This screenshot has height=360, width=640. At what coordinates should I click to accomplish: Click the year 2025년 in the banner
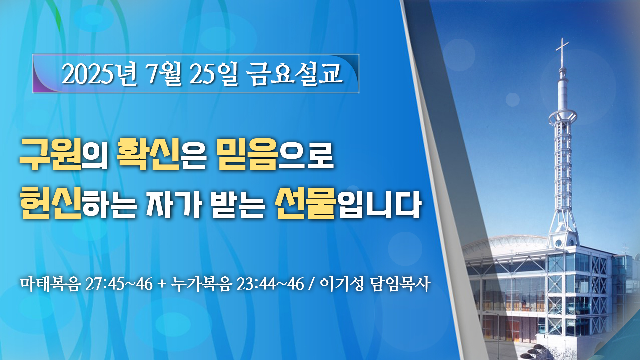(x=99, y=74)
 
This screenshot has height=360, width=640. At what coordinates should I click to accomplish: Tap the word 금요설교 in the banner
(x=295, y=74)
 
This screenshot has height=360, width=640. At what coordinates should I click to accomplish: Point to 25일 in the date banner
(x=214, y=74)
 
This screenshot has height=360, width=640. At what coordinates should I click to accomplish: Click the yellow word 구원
(x=51, y=154)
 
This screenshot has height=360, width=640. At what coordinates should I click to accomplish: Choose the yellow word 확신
(x=149, y=154)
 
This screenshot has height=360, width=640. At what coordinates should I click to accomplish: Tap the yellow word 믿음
(x=247, y=154)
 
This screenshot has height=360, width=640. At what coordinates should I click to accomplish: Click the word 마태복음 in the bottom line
(x=50, y=284)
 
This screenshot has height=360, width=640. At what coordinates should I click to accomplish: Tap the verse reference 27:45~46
(x=119, y=284)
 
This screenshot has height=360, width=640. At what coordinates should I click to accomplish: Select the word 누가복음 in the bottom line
(x=201, y=284)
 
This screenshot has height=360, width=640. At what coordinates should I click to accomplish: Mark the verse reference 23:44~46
(x=270, y=284)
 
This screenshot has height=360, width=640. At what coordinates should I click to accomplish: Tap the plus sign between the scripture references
(x=162, y=284)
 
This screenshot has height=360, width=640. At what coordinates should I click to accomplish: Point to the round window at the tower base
(x=559, y=243)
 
